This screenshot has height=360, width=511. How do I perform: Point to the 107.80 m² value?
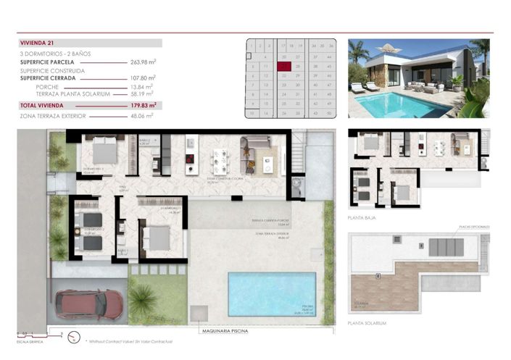click(x=144, y=78)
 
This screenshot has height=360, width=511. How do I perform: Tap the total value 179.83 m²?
click(x=144, y=105)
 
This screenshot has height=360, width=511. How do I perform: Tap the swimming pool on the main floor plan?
click(x=272, y=294)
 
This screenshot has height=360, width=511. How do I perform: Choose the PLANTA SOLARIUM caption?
click(x=367, y=323)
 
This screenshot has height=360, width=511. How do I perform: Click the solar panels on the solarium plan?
click(x=443, y=246)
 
